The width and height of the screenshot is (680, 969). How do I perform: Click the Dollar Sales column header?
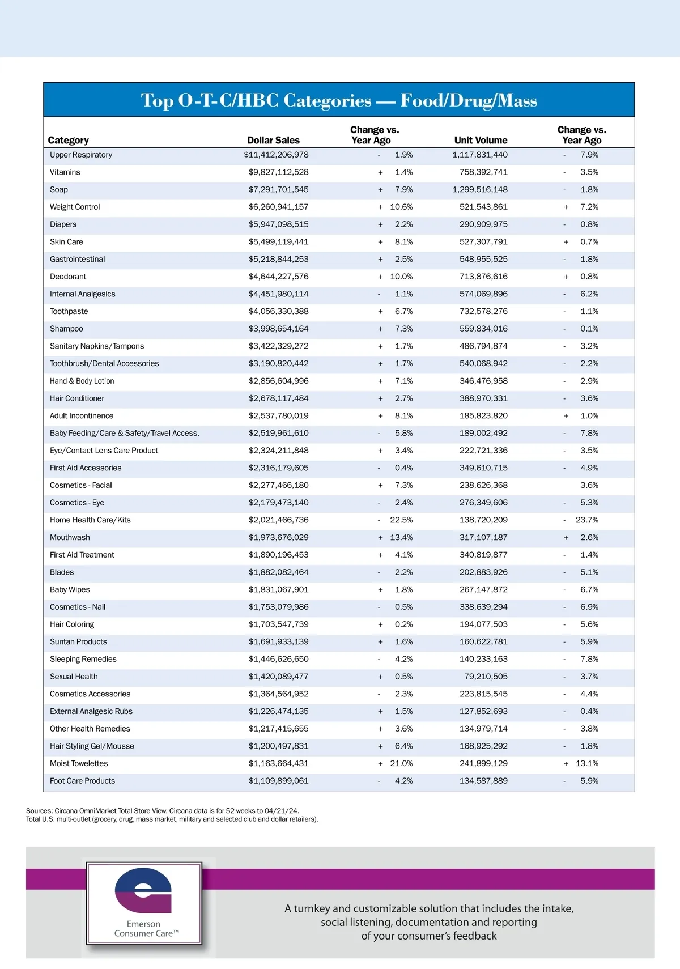pyautogui.click(x=273, y=141)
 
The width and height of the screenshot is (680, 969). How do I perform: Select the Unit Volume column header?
pyautogui.click(x=481, y=141)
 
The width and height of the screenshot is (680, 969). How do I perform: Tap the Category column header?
pyautogui.click(x=68, y=141)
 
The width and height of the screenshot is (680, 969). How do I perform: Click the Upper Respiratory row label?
pyautogui.click(x=81, y=155)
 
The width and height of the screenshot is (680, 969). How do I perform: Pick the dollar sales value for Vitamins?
pyautogui.click(x=278, y=172)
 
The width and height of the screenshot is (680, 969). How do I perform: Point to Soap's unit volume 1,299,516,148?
pyautogui.click(x=479, y=189)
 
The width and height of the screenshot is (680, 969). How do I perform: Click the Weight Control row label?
pyautogui.click(x=75, y=207)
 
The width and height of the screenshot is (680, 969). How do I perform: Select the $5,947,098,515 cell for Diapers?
pyautogui.click(x=278, y=224)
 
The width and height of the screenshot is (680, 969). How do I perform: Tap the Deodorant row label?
pyautogui.click(x=68, y=277)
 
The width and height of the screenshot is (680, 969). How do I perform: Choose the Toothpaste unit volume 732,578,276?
pyautogui.click(x=483, y=311)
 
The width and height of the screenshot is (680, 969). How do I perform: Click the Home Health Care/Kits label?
pyautogui.click(x=90, y=520)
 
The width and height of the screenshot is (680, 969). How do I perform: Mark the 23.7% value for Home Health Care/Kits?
pyautogui.click(x=586, y=520)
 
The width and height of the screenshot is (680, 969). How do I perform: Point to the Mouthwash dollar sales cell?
pyautogui.click(x=278, y=537)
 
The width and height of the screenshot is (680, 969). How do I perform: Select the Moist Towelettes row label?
pyautogui.click(x=79, y=763)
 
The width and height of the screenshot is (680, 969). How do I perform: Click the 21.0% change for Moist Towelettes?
pyautogui.click(x=401, y=763)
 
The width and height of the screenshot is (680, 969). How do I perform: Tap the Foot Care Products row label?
pyautogui.click(x=82, y=781)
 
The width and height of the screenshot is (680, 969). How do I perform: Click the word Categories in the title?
pyautogui.click(x=327, y=100)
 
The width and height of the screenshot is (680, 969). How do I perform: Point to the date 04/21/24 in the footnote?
pyautogui.click(x=281, y=811)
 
